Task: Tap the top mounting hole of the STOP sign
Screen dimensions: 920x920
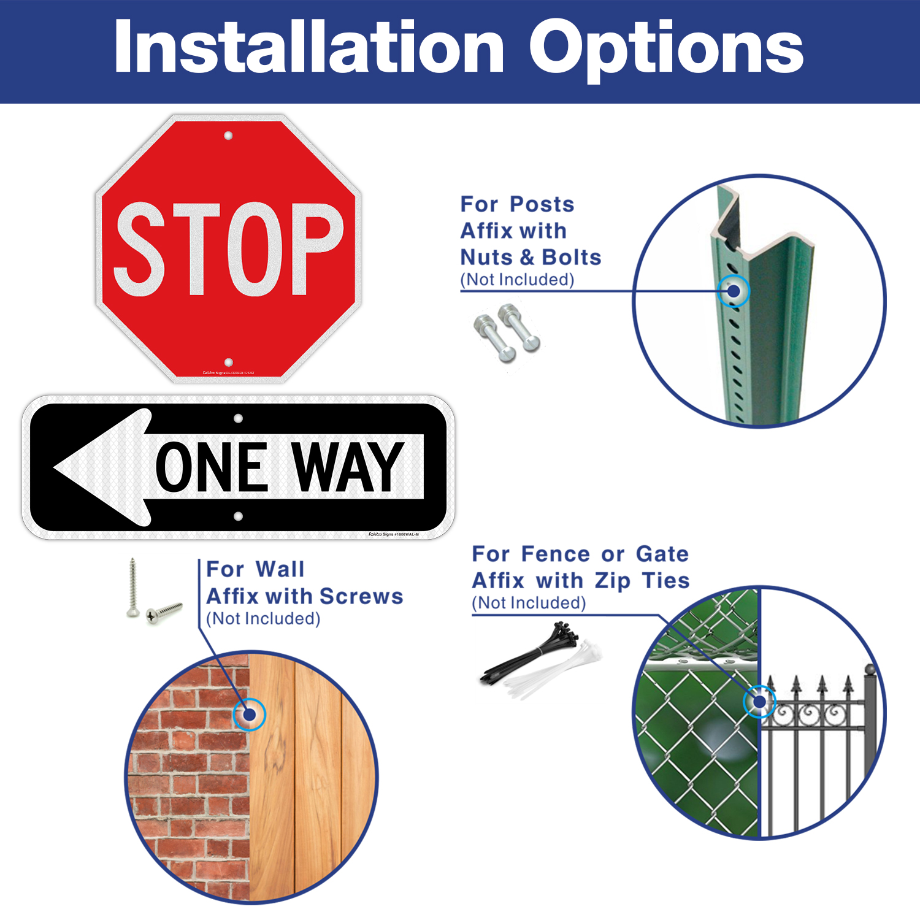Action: coord(228,136)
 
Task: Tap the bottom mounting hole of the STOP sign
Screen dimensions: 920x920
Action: coord(229,362)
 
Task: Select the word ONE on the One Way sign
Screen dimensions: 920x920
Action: coord(212,467)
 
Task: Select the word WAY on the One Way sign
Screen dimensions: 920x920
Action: coord(347,467)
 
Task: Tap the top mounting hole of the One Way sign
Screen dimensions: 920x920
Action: coord(238,418)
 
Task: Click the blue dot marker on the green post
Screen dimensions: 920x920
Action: coord(733,291)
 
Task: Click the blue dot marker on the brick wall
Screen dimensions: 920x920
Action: coord(249,714)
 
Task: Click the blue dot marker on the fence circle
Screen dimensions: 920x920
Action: coord(759,701)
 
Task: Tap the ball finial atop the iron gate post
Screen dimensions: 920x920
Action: coord(869,669)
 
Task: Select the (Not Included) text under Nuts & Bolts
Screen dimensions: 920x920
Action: coord(517,280)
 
